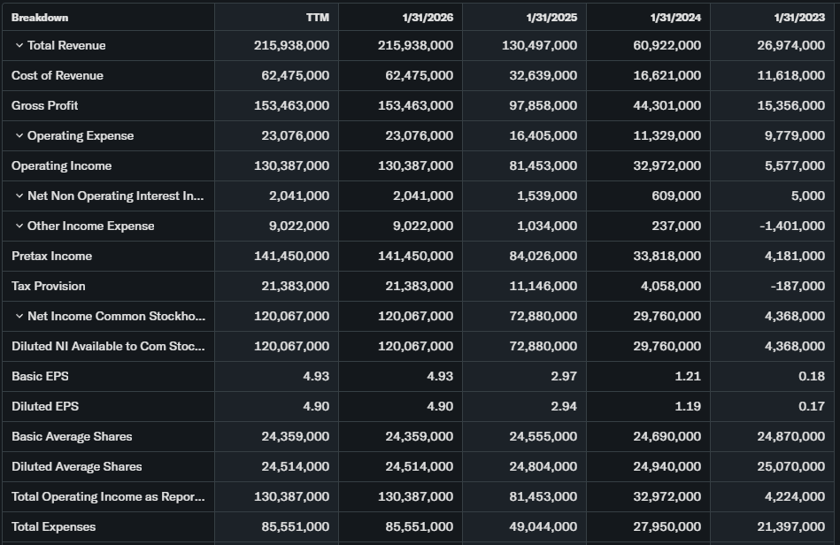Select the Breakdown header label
coord(40,18)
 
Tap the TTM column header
coord(317,18)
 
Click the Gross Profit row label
coord(45,105)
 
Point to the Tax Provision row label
coord(49,286)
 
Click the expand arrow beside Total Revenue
coord(19,45)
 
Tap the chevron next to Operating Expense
coord(19,135)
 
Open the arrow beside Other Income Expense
coord(19,226)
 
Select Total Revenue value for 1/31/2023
coord(791,45)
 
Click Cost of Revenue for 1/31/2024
coord(667,75)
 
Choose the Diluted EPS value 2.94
coord(563,406)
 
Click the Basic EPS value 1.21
coord(687,376)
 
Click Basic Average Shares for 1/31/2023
coord(791,436)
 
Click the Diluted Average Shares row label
coord(77,466)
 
